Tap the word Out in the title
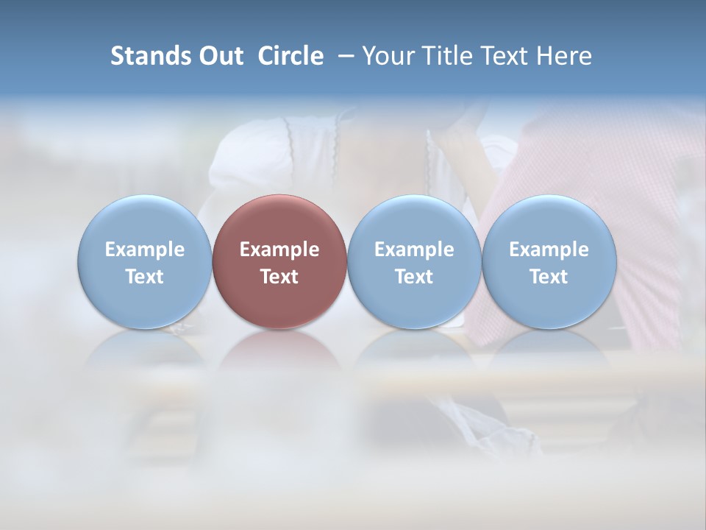click(x=218, y=56)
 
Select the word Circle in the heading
click(x=290, y=56)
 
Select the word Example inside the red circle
click(x=279, y=250)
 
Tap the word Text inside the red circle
click(x=279, y=277)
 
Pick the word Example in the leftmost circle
click(x=144, y=250)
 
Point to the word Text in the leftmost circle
click(x=144, y=277)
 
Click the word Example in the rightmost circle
click(x=549, y=250)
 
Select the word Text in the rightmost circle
click(x=549, y=277)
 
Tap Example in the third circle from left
click(x=414, y=250)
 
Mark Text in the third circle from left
click(x=414, y=277)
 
